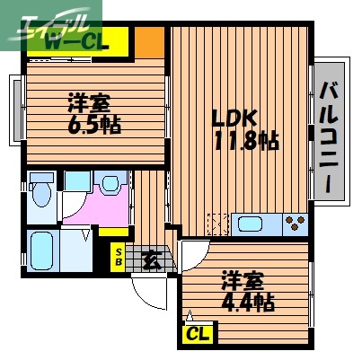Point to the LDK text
(234, 118)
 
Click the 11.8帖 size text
(245, 141)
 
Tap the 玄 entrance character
(150, 260)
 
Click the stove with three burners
(294, 223)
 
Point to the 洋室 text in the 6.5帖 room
(86, 101)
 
